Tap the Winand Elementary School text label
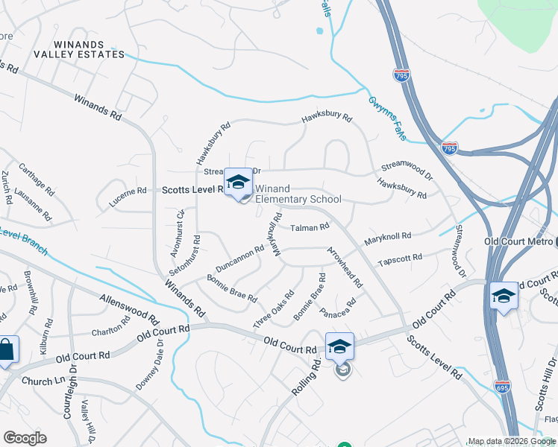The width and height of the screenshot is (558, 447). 298,194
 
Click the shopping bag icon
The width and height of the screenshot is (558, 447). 7,350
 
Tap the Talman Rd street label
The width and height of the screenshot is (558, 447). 310,227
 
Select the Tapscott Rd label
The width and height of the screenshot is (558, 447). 400,260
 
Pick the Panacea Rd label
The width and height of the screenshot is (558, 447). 338,306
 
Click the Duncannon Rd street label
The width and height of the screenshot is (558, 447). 239,258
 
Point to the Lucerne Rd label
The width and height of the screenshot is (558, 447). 128,192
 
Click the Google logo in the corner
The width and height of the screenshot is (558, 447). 25,438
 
